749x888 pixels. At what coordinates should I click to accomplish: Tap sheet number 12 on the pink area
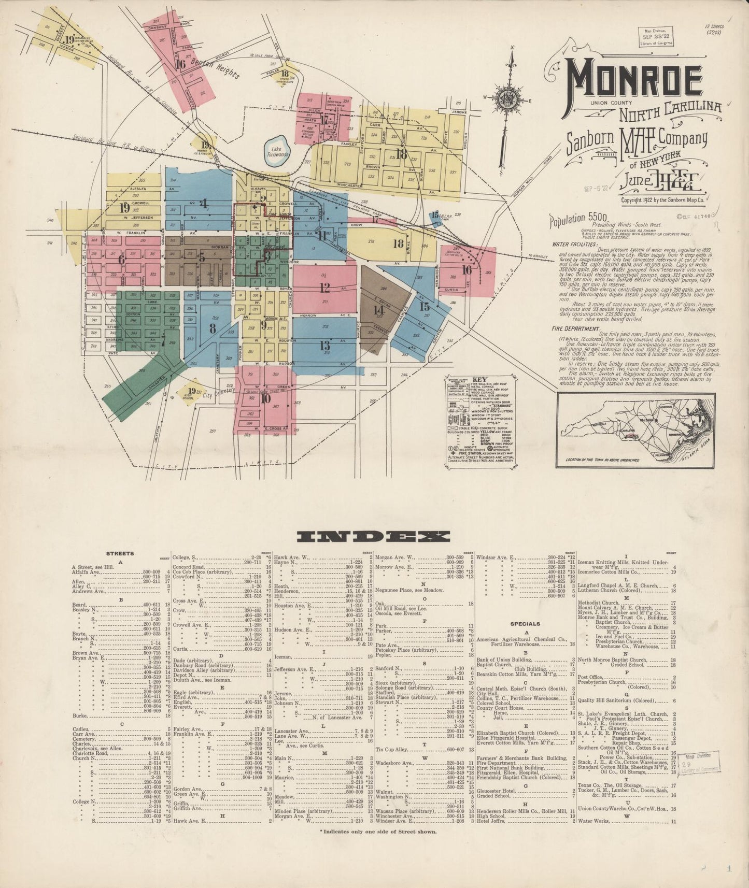(325, 288)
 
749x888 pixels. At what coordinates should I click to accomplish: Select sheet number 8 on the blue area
(213, 327)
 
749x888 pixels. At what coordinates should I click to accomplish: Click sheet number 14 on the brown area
(379, 310)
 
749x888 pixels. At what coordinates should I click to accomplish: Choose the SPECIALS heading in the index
(525, 624)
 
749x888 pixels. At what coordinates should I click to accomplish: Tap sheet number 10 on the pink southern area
(266, 398)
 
